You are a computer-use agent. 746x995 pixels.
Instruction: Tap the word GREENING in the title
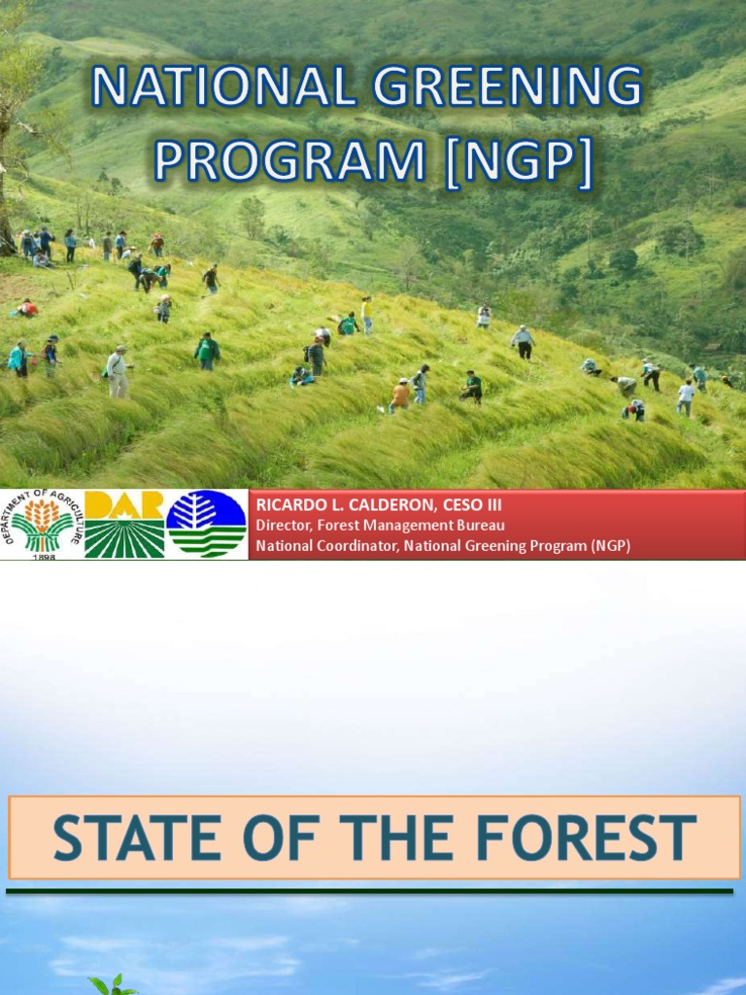[x=503, y=89]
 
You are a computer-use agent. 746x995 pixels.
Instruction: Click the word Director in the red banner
[x=283, y=526]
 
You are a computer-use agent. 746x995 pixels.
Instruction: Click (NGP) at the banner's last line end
[x=609, y=546]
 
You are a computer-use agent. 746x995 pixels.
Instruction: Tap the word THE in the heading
[x=374, y=839]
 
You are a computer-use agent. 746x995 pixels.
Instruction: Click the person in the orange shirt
[x=399, y=395]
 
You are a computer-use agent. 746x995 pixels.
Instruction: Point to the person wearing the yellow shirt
[x=367, y=313]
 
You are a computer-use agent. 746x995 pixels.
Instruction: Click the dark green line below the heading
[x=369, y=890]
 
